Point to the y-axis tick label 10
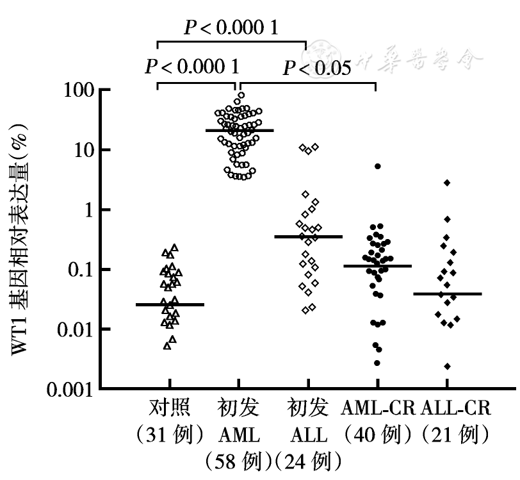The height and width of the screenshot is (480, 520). point(81,150)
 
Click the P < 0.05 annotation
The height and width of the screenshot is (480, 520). point(318,68)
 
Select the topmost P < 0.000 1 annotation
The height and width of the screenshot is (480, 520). point(231,28)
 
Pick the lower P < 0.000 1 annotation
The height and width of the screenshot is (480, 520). point(192,67)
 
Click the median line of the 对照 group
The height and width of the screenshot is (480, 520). point(170,304)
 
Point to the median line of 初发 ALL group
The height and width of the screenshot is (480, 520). point(309,236)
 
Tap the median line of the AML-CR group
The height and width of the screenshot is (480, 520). point(377,265)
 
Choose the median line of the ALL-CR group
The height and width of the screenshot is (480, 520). point(447,294)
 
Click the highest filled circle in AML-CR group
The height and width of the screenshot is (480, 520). point(378,167)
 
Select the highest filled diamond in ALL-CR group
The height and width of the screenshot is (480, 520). point(447,183)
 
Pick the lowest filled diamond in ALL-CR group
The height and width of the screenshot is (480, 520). point(447,366)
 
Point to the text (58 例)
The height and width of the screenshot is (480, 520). point(239,461)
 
